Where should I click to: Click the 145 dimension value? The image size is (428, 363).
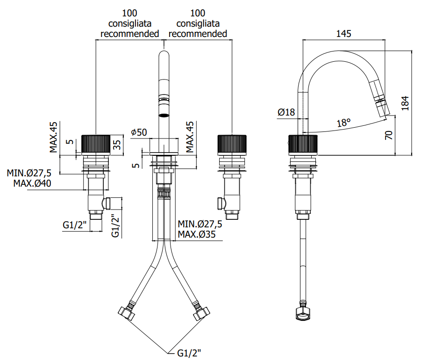tap(343, 34)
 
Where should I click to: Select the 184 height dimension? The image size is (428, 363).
tap(406, 103)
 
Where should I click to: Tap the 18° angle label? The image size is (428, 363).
tap(343, 123)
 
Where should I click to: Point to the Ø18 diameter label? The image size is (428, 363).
tap(286, 112)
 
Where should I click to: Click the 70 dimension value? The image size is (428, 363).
tap(389, 135)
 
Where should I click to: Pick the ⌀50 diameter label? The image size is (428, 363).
tap(139, 132)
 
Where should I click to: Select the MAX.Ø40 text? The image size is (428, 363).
tap(32, 183)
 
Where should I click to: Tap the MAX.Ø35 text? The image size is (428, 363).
tap(197, 234)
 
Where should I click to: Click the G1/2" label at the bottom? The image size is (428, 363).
tap(189, 353)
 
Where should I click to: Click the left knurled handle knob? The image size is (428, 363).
tap(96, 145)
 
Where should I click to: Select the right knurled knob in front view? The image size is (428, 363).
tap(232, 145)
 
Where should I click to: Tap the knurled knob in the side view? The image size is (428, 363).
tap(303, 145)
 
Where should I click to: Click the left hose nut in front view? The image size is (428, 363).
tap(126, 313)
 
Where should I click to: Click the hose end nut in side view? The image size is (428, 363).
tap(303, 314)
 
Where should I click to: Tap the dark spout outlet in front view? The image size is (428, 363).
tap(164, 115)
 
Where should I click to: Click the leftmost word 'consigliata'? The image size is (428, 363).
tap(129, 23)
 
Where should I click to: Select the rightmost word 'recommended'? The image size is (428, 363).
tap(198, 34)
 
